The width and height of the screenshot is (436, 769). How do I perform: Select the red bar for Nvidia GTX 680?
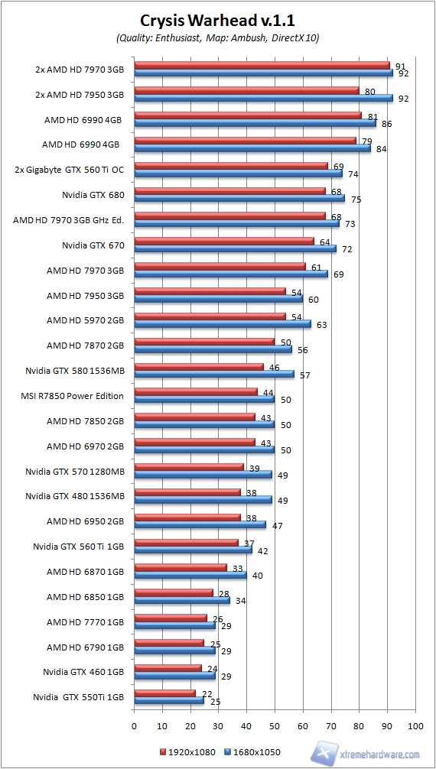tap(229, 191)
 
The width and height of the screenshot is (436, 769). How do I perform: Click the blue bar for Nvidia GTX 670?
tap(235, 248)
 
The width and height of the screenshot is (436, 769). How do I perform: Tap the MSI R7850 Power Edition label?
tap(73, 396)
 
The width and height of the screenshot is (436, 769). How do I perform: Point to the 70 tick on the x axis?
tap(331, 725)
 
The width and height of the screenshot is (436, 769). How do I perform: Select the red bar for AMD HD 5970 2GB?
tap(210, 316)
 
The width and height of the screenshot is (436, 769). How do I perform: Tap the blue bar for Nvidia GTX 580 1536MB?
tap(214, 374)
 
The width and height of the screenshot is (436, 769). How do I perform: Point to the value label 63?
tap(321, 325)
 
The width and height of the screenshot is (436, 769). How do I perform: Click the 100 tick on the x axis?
tap(415, 725)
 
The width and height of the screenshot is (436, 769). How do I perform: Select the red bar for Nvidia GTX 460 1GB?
tap(168, 667)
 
